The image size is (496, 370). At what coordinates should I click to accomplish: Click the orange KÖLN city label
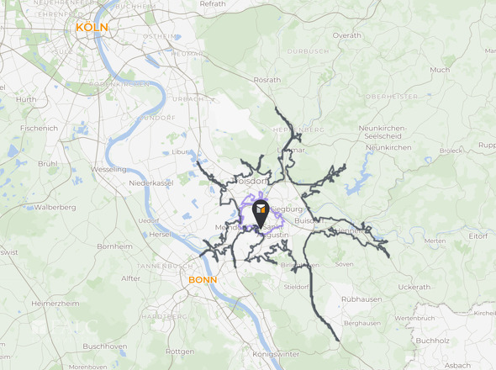pyautogui.click(x=92, y=27)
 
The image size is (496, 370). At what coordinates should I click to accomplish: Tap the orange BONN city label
pyautogui.click(x=203, y=280)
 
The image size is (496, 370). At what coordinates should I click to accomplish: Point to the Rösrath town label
pyautogui.click(x=267, y=79)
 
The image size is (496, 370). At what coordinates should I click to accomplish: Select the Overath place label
pyautogui.click(x=346, y=35)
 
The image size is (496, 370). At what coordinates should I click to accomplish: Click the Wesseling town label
pyautogui.click(x=108, y=168)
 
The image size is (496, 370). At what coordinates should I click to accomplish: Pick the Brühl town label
pyautogui.click(x=48, y=163)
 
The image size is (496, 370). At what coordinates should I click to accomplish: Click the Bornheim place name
pyautogui.click(x=114, y=246)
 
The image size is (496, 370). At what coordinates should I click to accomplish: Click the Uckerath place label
pyautogui.click(x=414, y=287)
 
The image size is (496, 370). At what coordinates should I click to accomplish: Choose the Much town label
pyautogui.click(x=439, y=70)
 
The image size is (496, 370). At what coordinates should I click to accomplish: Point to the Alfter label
pyautogui.click(x=131, y=277)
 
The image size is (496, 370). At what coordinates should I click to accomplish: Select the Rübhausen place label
pyautogui.click(x=363, y=299)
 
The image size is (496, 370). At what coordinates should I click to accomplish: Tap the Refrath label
pyautogui.click(x=213, y=4)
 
